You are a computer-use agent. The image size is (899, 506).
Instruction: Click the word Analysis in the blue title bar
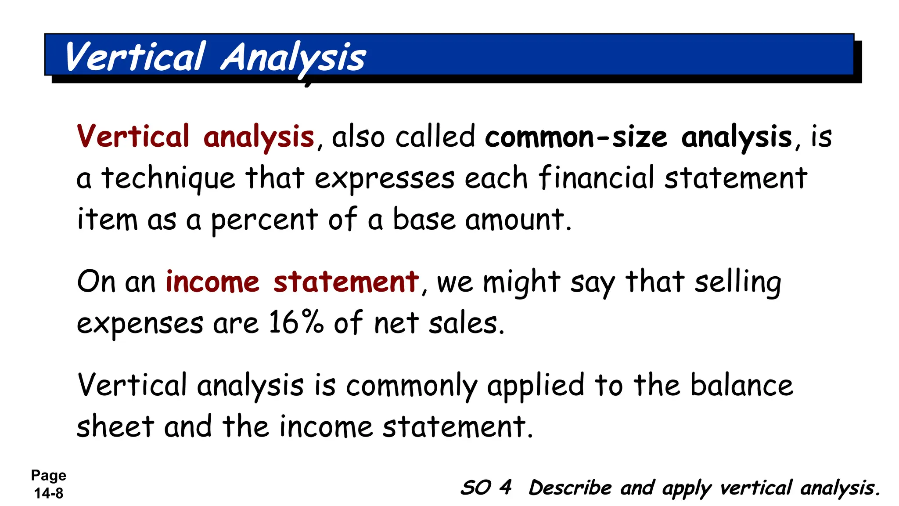(293, 58)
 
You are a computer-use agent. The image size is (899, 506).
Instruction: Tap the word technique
(169, 179)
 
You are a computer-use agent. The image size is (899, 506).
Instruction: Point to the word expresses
(385, 179)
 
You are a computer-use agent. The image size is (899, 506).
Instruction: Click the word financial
(596, 178)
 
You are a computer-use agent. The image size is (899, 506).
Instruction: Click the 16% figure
(296, 322)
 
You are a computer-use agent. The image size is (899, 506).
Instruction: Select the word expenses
(140, 324)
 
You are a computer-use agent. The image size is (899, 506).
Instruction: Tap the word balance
(742, 385)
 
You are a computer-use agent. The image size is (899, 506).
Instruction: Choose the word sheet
(115, 426)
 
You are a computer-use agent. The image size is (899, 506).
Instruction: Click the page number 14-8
(49, 493)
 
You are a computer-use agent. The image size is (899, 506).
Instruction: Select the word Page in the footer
(48, 475)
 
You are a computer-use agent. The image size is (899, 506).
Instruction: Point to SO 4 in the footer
(486, 488)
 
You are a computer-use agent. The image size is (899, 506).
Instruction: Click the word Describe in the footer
(570, 488)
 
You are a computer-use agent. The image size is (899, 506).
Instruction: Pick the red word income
(212, 282)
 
